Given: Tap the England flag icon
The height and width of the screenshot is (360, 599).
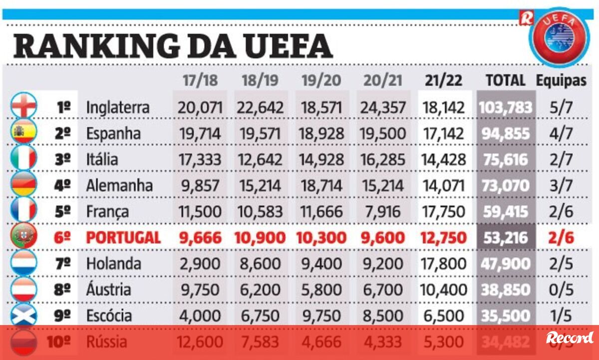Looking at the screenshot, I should (23, 106).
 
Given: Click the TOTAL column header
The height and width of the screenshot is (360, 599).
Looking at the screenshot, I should (505, 81).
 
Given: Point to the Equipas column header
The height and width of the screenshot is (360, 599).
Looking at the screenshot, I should (561, 81).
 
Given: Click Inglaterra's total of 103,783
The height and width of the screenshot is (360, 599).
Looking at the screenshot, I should (505, 107).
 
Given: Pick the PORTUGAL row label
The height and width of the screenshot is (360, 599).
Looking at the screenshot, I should (123, 238).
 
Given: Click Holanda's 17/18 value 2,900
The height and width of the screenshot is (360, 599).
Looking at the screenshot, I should (200, 264).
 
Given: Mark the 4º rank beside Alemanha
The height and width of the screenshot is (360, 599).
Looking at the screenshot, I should (63, 186).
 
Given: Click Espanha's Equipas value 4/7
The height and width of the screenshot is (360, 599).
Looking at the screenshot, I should (561, 133).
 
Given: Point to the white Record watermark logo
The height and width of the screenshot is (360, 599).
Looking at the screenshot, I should (570, 338).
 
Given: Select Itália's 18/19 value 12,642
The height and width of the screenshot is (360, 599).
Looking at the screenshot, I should (262, 160).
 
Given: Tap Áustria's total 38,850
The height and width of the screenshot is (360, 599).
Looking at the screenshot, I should (505, 290).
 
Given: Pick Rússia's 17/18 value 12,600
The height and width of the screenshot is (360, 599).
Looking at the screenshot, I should (200, 342).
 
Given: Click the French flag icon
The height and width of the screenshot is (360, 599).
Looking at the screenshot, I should (23, 211).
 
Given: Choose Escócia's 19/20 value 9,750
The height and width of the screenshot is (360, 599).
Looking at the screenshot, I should (322, 316).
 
